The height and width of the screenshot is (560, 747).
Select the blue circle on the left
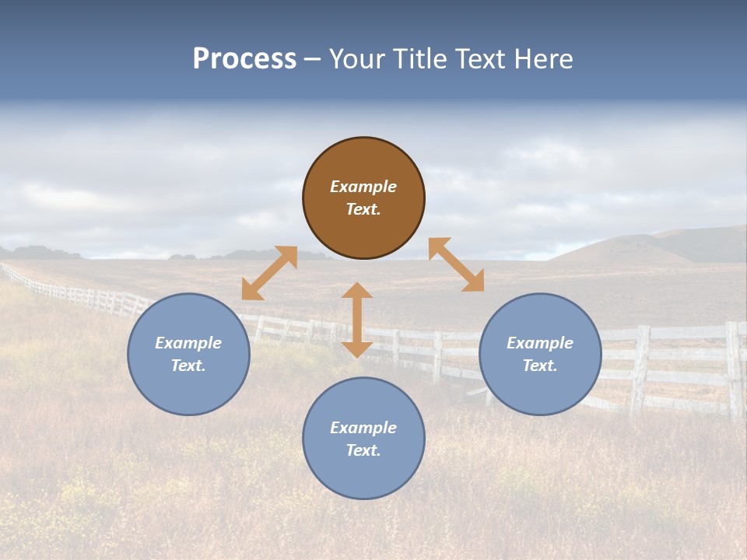(x=188, y=354)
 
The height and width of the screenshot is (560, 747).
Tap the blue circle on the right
(x=540, y=354)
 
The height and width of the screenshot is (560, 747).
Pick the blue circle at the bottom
(x=363, y=439)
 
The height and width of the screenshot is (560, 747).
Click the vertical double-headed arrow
(x=357, y=320)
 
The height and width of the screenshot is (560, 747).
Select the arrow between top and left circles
(x=269, y=273)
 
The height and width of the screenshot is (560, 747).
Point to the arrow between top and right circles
(x=456, y=264)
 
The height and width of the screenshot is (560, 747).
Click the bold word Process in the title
(x=244, y=59)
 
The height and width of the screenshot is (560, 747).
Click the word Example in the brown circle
(x=363, y=187)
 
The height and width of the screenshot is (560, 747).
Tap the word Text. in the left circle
(x=188, y=366)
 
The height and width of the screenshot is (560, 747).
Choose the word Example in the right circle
(x=540, y=343)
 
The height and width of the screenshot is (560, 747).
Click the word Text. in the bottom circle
(x=363, y=450)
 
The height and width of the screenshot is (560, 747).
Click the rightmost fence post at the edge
(x=733, y=369)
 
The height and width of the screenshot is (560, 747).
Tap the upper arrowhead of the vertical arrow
(x=357, y=290)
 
